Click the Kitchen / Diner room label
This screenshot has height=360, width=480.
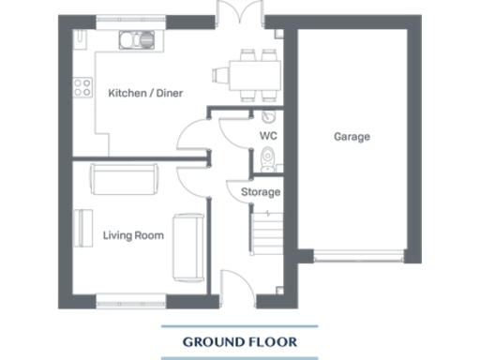145,93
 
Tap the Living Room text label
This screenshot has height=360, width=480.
133,235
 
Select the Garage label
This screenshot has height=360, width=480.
352,137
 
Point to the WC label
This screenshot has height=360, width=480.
268,136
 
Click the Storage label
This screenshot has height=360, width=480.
261,192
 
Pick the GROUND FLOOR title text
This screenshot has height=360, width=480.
239,342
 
